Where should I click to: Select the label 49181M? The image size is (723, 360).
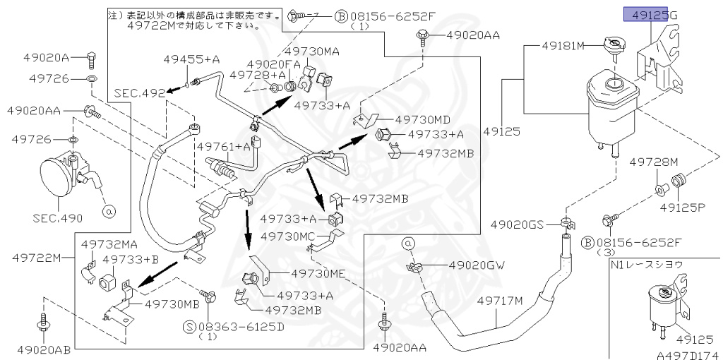(x=563, y=46)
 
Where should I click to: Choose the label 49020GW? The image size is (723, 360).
(x=478, y=265)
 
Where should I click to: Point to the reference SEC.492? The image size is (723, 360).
(x=136, y=92)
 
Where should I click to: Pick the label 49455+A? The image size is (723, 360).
(x=187, y=59)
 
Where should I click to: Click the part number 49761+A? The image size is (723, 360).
(x=224, y=146)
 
